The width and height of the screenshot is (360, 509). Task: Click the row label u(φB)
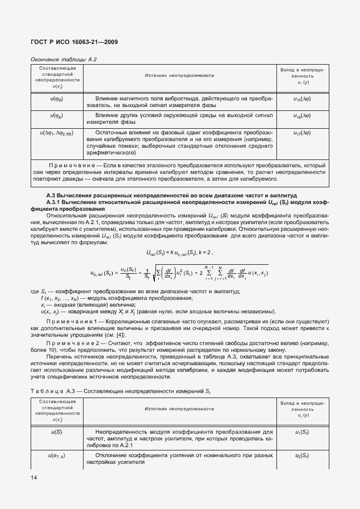click(x=56, y=99)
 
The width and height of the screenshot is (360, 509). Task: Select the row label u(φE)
click(x=56, y=117)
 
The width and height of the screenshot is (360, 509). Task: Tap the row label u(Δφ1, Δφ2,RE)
click(x=56, y=133)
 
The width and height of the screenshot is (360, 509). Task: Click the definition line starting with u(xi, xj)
click(x=157, y=312)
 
